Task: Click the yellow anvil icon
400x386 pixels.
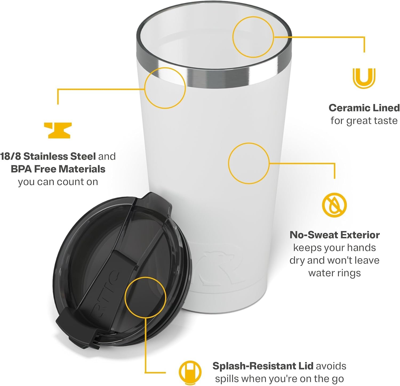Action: [58, 130]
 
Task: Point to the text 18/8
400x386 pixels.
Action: [11, 156]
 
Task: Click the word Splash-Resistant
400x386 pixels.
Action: [263, 366]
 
